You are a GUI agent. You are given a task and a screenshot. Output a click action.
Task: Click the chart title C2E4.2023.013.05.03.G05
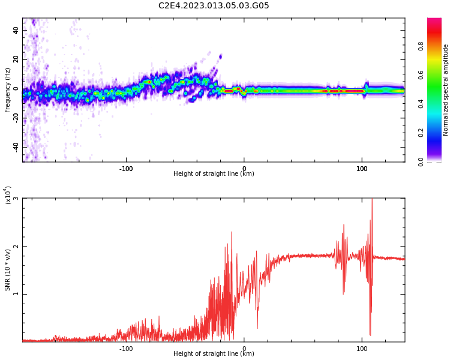(x=214, y=5)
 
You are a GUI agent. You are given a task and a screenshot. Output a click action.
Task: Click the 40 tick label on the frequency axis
(x=16, y=30)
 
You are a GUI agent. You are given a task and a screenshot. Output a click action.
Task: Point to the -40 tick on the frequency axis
(x=16, y=146)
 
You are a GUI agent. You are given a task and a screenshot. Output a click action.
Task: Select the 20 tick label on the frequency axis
(x=16, y=59)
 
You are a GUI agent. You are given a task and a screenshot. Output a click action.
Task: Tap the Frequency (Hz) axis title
(x=8, y=90)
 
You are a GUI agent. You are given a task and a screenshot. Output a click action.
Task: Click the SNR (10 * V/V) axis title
(x=8, y=270)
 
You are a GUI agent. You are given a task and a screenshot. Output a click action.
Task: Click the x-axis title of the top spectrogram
(x=214, y=174)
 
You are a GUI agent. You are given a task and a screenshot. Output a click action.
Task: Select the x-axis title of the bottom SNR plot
(x=214, y=354)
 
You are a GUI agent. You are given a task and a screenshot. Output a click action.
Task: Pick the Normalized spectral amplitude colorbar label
(x=446, y=90)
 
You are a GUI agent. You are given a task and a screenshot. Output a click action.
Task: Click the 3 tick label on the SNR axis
(x=16, y=199)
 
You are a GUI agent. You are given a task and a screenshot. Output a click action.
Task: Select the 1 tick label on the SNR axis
(x=16, y=294)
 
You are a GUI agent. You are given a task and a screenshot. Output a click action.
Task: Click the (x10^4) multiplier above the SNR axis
(x=8, y=194)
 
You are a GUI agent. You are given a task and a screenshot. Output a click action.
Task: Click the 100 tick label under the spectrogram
(x=362, y=169)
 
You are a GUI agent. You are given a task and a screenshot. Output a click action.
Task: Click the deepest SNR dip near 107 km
(x=370, y=334)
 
